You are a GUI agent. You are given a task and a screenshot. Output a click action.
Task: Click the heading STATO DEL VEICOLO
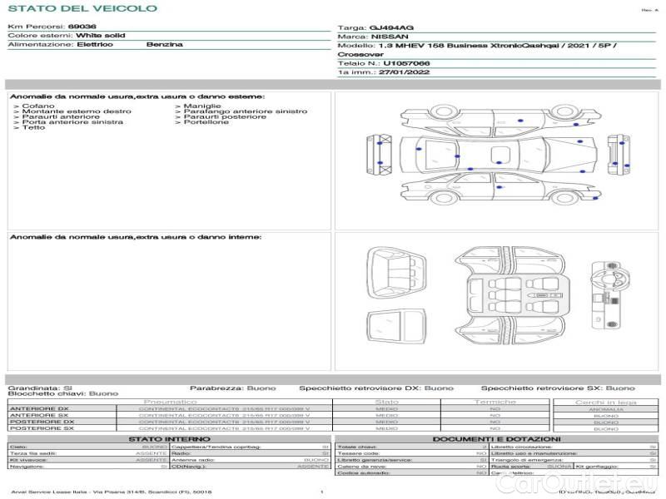pyautogui.click(x=82, y=8)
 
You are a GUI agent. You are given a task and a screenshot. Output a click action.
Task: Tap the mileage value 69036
pyautogui.click(x=82, y=27)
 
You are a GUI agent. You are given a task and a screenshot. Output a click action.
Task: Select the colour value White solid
pyautogui.click(x=101, y=37)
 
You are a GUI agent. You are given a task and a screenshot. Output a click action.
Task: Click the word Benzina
pyautogui.click(x=164, y=45)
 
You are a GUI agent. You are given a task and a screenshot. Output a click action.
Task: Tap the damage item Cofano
pyautogui.click(x=38, y=106)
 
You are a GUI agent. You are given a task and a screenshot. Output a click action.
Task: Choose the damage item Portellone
pyautogui.click(x=206, y=122)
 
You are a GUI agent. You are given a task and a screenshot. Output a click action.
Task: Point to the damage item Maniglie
pyautogui.click(x=202, y=106)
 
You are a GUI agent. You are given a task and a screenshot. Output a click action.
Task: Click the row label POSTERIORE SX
pyautogui.click(x=42, y=428)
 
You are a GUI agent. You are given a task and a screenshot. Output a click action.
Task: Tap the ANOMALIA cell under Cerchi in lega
pyautogui.click(x=605, y=409)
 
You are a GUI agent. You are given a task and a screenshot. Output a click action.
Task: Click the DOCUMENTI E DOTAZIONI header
pyautogui.click(x=496, y=439)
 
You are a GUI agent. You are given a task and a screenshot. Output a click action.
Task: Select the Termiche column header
pyautogui.click(x=495, y=403)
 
